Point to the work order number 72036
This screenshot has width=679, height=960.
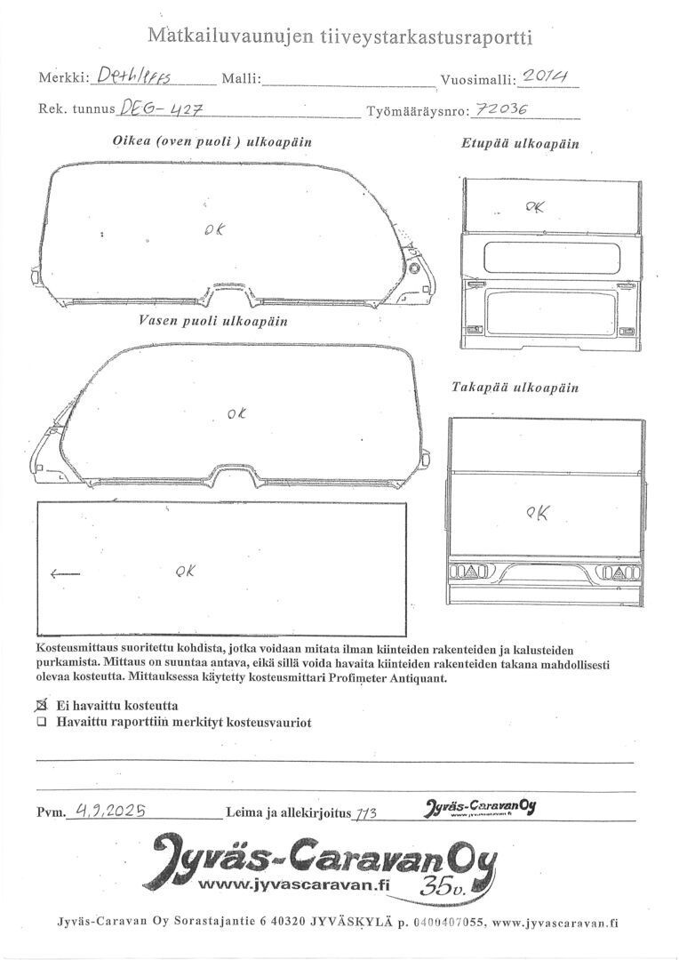[x=501, y=108]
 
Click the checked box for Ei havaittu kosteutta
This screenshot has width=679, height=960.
[x=41, y=705]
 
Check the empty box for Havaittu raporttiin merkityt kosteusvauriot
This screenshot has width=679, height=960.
[x=41, y=723]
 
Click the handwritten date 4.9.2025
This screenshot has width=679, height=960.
[x=110, y=809]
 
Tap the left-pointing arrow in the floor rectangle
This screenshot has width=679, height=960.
[x=65, y=574]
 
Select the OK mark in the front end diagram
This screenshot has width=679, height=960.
[x=535, y=207]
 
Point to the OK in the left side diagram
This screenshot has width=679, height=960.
[x=236, y=413]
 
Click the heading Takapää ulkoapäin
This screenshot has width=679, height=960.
[x=515, y=388]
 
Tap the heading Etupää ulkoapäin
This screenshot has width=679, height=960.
[x=519, y=143]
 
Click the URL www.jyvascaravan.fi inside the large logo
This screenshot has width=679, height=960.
[x=294, y=884]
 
